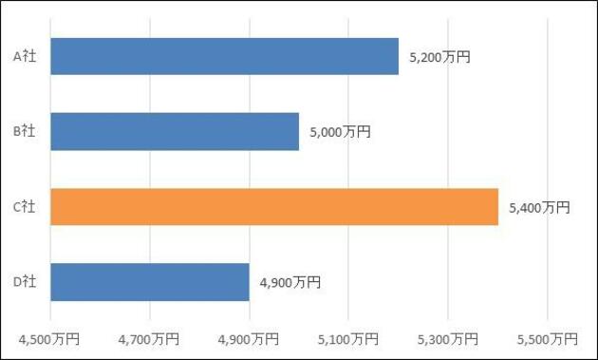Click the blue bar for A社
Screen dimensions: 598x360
225,56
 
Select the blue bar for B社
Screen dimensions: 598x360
175,131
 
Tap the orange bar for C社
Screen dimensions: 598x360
274,206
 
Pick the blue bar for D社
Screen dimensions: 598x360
150,282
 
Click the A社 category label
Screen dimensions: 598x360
25,56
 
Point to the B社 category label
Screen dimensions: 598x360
25,131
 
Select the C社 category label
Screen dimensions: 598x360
25,206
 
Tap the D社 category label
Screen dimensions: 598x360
25,282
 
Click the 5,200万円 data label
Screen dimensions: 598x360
439,57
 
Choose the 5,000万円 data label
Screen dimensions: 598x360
340,132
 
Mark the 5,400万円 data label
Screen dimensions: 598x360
540,208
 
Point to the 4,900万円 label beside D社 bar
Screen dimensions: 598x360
290,282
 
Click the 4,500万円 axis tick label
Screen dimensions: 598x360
49,339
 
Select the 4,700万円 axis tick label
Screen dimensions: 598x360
149,339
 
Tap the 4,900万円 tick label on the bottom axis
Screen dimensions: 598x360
249,339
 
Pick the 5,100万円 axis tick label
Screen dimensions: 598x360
348,339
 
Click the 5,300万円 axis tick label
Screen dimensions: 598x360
448,339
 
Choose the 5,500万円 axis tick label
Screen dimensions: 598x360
548,339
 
